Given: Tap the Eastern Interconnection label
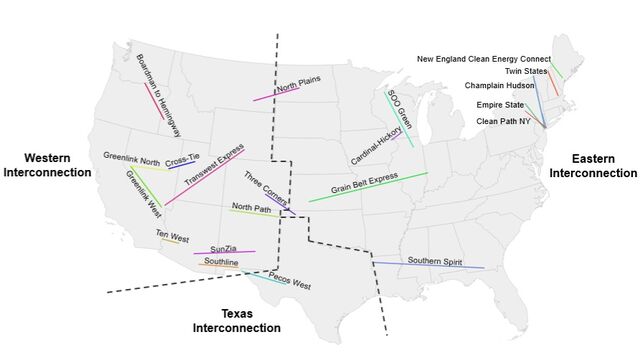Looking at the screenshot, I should point(593,166).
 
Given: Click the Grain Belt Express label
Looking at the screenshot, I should point(364,184).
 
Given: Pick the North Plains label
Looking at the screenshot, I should point(298,88).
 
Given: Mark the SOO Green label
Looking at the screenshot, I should point(398,110).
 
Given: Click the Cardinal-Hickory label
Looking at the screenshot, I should point(376,146).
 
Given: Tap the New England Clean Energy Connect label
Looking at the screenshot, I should point(483,59).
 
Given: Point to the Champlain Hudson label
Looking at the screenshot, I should point(497,86).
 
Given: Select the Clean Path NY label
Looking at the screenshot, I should point(502,121).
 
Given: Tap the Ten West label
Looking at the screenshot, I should point(172,237).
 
